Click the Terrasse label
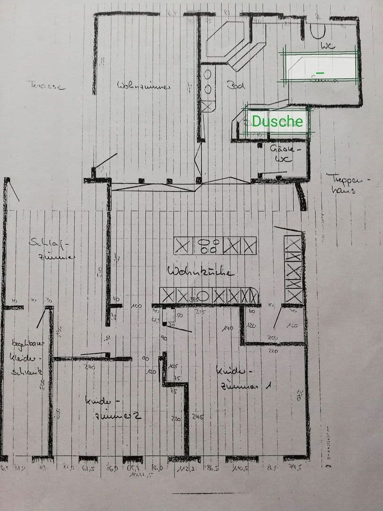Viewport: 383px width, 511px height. pyautogui.click(x=46, y=86)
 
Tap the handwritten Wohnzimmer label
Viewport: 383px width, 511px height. pyautogui.click(x=144, y=85)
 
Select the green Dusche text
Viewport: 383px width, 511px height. pyautogui.click(x=277, y=122)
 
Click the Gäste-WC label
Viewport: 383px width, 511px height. pyautogui.click(x=282, y=153)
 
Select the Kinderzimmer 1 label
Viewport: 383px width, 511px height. pyautogui.click(x=243, y=379)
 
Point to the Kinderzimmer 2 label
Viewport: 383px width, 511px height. pyautogui.click(x=113, y=408)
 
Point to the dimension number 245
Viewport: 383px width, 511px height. pyautogui.click(x=198, y=417)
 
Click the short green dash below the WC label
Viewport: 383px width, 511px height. pyautogui.click(x=320, y=72)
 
